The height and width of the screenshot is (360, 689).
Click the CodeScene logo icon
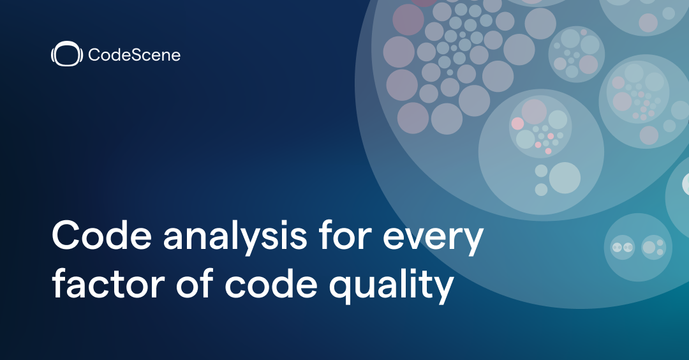tap(67, 55)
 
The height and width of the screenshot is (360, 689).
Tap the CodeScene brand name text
tap(134, 56)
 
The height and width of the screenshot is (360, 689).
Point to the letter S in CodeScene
tap(128, 56)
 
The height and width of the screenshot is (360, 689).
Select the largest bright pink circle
tap(517, 123)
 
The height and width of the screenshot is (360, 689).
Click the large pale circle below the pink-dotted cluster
tap(565, 177)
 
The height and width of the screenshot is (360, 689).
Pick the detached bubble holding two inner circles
tap(637, 247)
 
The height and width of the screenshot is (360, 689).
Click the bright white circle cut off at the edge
tap(685, 185)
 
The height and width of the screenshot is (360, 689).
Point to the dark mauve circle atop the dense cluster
tap(408, 19)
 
